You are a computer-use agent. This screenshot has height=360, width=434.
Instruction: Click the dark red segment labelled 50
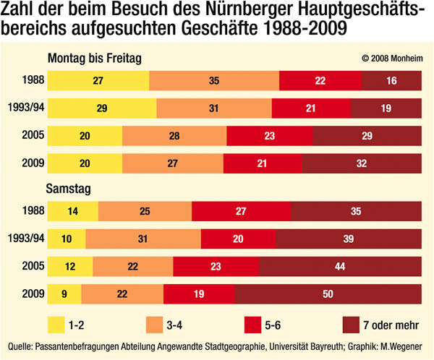[x=328, y=294]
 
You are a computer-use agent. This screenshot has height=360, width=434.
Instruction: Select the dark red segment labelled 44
[x=340, y=267]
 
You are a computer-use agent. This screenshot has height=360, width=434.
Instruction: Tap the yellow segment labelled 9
[x=64, y=294]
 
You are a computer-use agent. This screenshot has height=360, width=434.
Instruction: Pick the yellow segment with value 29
[x=102, y=108]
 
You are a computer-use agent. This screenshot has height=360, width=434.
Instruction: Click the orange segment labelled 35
[x=213, y=81]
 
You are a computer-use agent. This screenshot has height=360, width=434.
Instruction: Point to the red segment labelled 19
[x=199, y=294]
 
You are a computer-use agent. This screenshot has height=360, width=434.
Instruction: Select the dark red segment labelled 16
[x=391, y=81]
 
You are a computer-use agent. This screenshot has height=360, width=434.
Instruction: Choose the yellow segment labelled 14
[x=73, y=212]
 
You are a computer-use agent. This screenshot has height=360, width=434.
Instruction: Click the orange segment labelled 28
[x=174, y=135]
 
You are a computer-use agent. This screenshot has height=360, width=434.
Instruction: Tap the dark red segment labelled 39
[x=348, y=239]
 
